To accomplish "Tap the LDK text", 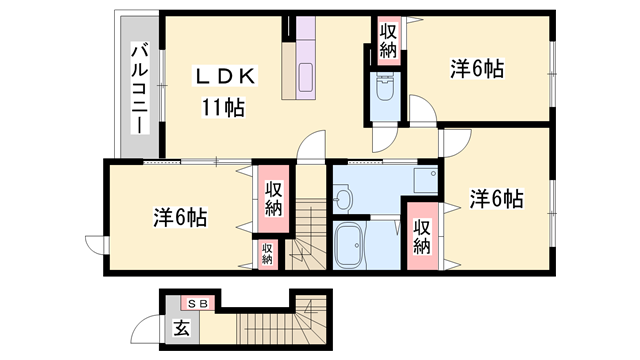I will [227, 75].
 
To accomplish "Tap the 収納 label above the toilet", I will [387, 40].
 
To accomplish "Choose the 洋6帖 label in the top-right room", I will [476, 68].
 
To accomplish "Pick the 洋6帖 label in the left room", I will [180, 216].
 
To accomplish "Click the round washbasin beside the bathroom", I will [343, 200].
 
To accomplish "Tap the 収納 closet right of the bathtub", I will [422, 236].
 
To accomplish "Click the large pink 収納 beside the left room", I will [273, 198].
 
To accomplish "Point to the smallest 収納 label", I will [267, 253].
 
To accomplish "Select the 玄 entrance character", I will [182, 328].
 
